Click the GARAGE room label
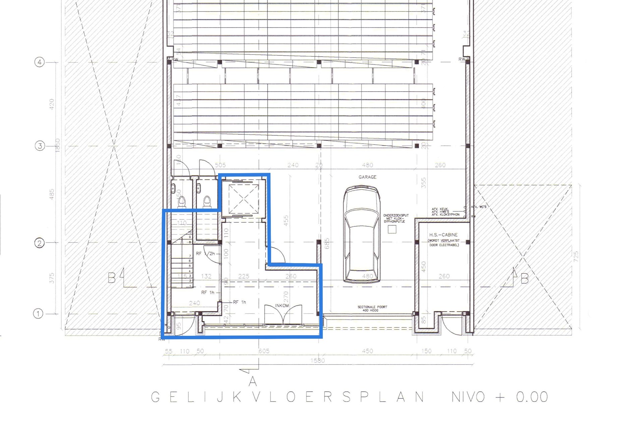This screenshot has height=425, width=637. coord(367,177)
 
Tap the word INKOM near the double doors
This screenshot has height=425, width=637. coord(282,306)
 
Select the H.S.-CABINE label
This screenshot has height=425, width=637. coord(443,235)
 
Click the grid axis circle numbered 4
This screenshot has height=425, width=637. coord(40,62)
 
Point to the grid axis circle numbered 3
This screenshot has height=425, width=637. coord(40,146)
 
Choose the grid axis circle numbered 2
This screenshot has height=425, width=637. coord(40,243)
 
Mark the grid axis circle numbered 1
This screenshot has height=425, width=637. coord(38,314)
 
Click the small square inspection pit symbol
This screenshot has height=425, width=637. coord(392,229)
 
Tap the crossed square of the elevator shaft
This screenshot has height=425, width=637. coord(243,199)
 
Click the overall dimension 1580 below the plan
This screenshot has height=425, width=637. coord(317,361)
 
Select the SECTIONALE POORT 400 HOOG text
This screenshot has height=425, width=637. coord(372,309)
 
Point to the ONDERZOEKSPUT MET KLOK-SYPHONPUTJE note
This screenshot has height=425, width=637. coord(396,218)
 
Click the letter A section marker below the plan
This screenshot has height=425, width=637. coord(253,381)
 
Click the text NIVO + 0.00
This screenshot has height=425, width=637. coord(500,397)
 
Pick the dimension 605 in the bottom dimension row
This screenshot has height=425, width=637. coord(264,351)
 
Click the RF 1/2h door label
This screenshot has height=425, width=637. coord(205,254)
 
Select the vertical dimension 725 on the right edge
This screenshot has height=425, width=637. coord(576,257)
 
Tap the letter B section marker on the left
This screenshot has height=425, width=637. coord(112,278)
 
